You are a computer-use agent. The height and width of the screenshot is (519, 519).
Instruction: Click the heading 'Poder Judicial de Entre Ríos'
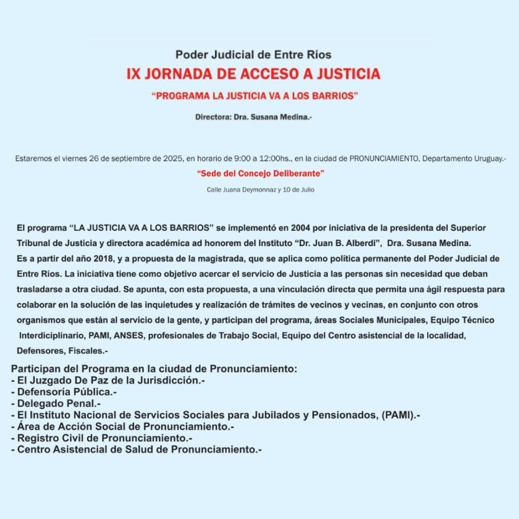click(253, 54)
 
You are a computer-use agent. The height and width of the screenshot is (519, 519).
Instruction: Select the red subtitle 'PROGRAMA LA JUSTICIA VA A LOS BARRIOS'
click(255, 96)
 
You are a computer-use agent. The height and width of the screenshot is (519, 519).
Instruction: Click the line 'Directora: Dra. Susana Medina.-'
click(254, 117)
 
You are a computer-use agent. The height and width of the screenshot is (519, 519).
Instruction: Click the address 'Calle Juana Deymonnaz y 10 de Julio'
click(260, 190)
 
